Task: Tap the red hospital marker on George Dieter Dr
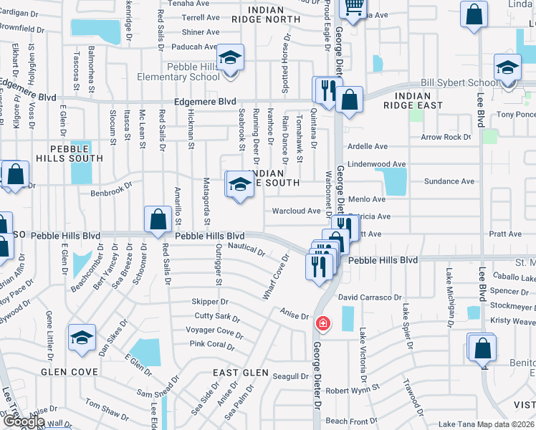click(x=323, y=324)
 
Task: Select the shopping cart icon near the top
click(x=353, y=6)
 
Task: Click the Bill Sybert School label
click(x=459, y=83)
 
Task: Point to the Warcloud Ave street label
click(x=296, y=211)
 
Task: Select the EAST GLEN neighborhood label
click(x=241, y=373)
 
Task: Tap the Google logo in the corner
click(x=22, y=421)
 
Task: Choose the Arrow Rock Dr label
click(x=446, y=137)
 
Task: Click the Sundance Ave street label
click(x=449, y=181)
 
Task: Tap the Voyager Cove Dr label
click(x=214, y=331)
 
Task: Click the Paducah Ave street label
click(x=199, y=47)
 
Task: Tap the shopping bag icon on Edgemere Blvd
click(x=349, y=102)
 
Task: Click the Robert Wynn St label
click(x=352, y=391)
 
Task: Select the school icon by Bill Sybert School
click(x=507, y=70)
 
